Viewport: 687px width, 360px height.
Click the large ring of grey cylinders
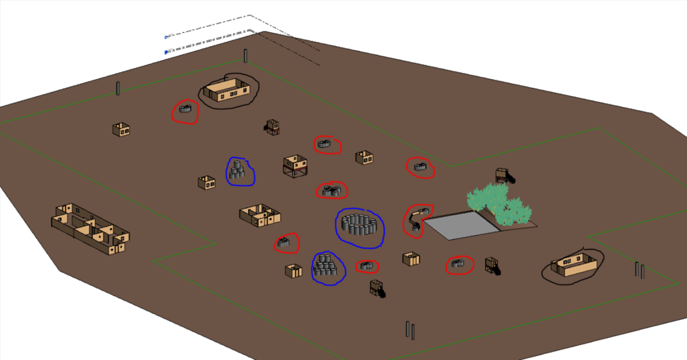[360, 227]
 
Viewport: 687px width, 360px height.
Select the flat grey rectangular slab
[458, 225]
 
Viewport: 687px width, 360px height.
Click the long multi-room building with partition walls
[89, 227]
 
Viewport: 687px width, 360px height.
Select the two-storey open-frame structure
[295, 166]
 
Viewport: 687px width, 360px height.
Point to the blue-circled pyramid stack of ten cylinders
[328, 267]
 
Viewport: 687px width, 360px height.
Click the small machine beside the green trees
[504, 175]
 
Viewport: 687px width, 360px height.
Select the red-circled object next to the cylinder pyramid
[368, 266]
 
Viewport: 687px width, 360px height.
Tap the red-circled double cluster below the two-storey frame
[332, 190]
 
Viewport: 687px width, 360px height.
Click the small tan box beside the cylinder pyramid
[293, 271]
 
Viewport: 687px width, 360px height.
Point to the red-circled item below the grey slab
[460, 263]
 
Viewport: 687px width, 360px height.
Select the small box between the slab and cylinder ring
[411, 259]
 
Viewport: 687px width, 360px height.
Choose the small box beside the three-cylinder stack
[206, 183]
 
